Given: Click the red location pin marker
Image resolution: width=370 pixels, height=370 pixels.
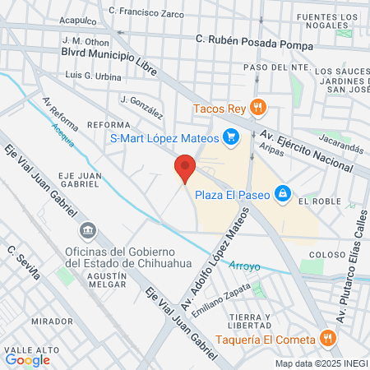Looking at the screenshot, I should pyautogui.click(x=185, y=168).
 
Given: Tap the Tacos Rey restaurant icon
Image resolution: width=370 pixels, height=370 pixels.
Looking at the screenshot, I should pyautogui.click(x=258, y=106).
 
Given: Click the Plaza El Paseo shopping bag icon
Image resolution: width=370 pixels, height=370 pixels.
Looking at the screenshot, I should pyautogui.click(x=282, y=192).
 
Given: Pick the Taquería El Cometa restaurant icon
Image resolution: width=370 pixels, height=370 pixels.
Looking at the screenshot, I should pyautogui.click(x=327, y=339).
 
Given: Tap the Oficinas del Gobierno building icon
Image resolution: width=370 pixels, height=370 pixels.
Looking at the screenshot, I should pyautogui.click(x=90, y=228).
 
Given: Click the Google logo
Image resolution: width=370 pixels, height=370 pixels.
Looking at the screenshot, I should pyautogui.click(x=27, y=359).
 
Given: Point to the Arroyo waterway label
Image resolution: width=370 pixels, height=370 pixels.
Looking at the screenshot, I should pyautogui.click(x=244, y=266).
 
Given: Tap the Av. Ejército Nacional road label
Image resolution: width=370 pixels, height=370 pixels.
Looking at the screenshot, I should pyautogui.click(x=311, y=150).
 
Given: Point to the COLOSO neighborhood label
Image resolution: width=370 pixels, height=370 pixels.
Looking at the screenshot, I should pyautogui.click(x=326, y=255).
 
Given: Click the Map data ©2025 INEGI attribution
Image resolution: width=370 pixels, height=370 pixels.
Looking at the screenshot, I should pyautogui.click(x=321, y=363).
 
